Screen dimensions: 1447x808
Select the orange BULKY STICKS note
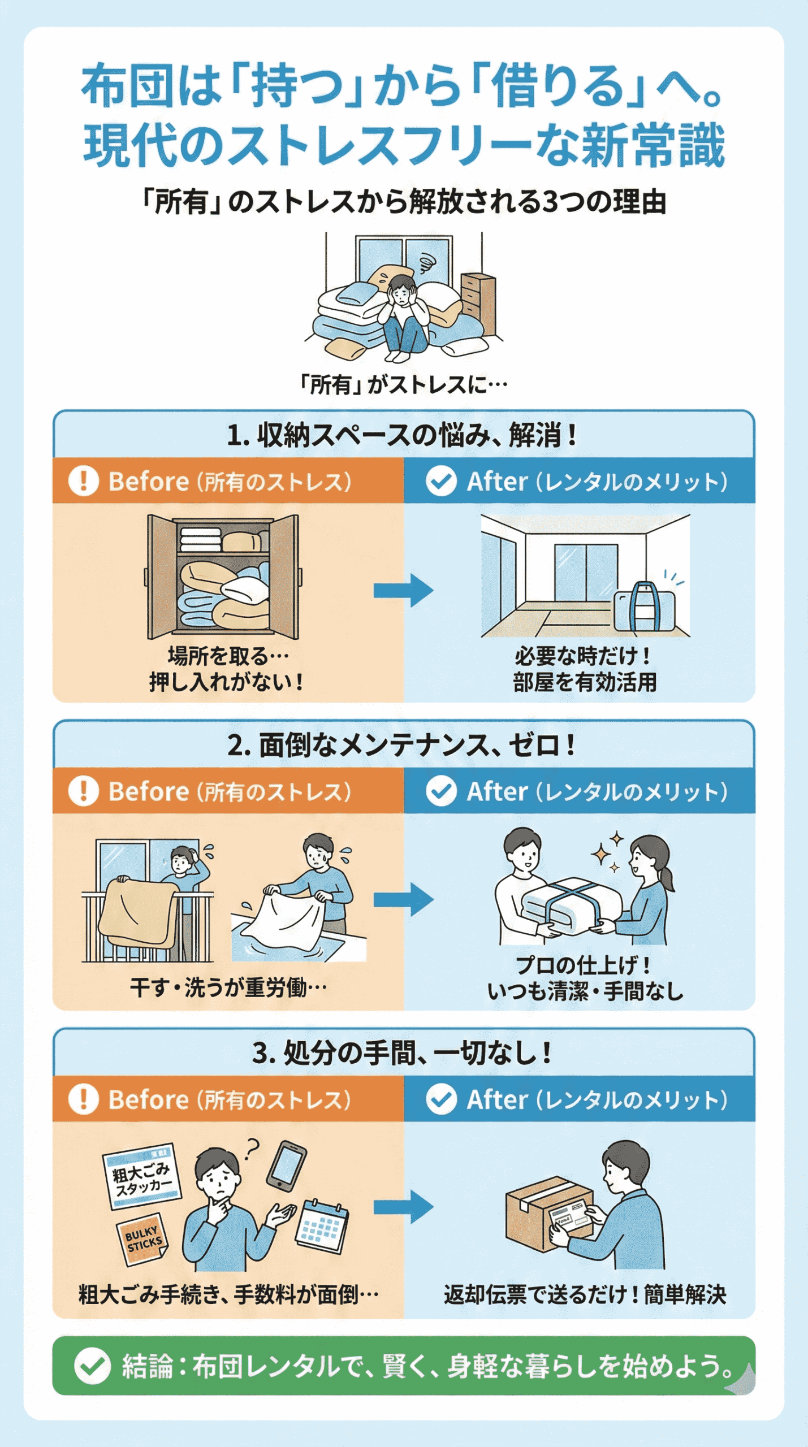pos(143,1240)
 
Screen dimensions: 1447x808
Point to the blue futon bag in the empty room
pos(645,608)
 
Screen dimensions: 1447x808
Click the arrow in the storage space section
pos(403,591)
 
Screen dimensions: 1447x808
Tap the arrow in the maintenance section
pos(403,899)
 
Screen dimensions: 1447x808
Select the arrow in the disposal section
pos(403,1207)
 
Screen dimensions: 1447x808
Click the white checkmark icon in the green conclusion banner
pos(92,1366)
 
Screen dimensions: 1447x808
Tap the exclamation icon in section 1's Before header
pos(84,481)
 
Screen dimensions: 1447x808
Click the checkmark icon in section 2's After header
pos(441,790)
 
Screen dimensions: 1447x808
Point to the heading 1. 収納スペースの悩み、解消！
pos(403,435)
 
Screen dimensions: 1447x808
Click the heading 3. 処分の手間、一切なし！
pos(403,1052)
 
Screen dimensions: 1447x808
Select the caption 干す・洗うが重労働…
pos(228,988)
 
